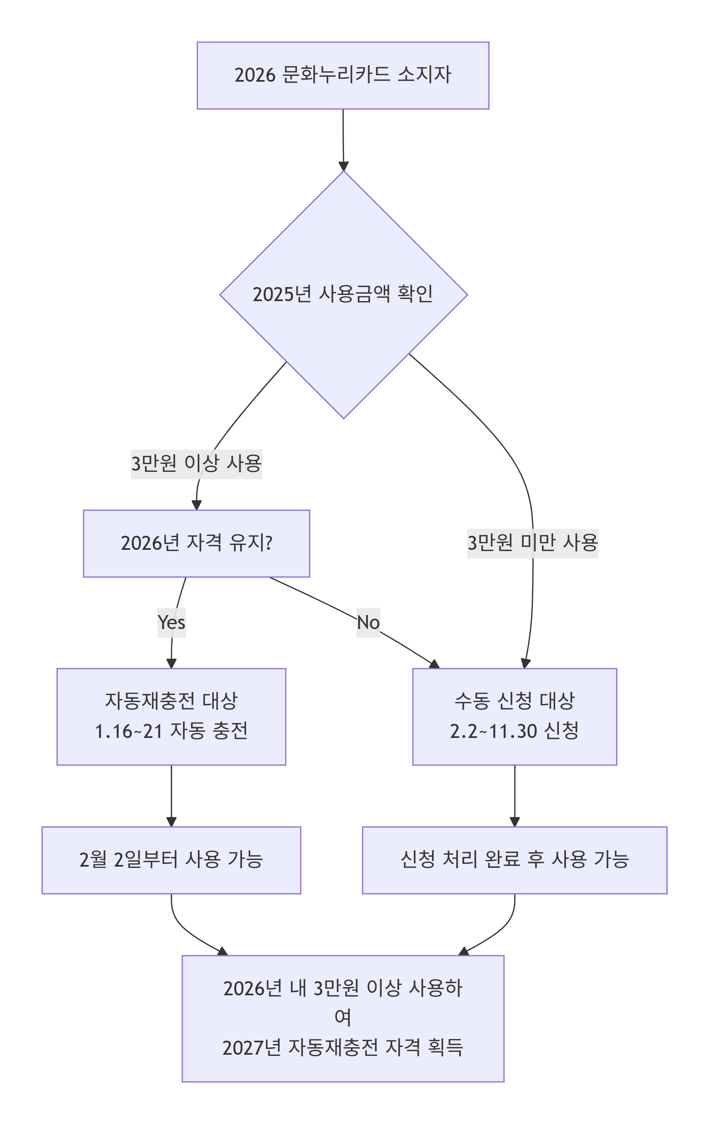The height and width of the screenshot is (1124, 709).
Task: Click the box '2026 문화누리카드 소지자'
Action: tap(343, 75)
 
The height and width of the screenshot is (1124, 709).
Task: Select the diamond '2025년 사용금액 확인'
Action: tap(343, 295)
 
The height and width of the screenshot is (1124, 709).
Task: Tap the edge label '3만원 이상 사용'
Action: tap(196, 464)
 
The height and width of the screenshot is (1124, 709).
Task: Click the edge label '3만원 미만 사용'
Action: tap(532, 543)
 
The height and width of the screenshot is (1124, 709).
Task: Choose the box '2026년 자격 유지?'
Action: tap(196, 543)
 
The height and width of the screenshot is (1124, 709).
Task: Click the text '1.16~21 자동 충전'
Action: tap(171, 731)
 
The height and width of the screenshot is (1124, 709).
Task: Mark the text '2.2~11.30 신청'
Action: tap(514, 731)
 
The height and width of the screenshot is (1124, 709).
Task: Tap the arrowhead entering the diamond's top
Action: tap(344, 167)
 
